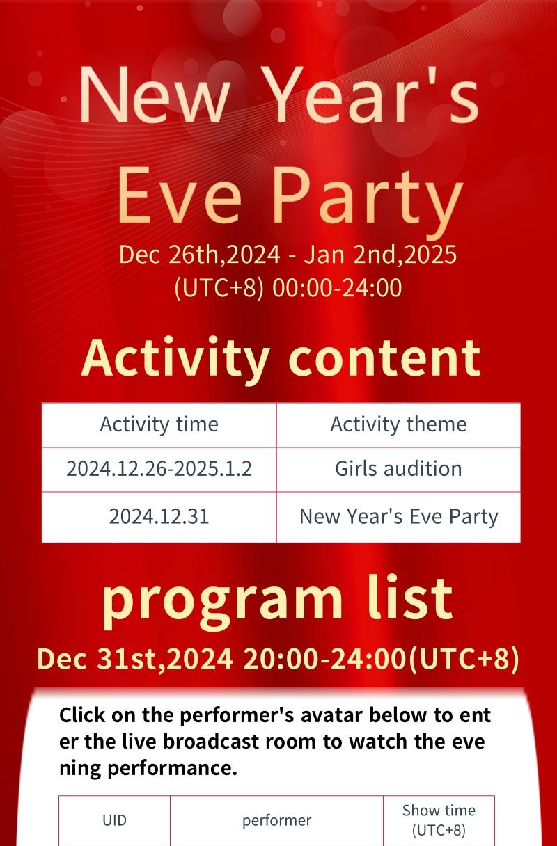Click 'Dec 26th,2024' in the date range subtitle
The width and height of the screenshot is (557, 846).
point(200,254)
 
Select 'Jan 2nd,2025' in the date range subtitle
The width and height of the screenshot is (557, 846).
point(380,254)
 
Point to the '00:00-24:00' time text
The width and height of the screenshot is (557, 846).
point(337,288)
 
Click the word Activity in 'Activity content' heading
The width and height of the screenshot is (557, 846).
point(175,359)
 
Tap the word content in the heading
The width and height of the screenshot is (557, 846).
point(384,358)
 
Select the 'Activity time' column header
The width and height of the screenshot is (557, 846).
point(159,424)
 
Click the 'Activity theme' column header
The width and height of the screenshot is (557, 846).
point(398,424)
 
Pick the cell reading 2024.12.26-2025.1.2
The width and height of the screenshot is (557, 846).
point(159,469)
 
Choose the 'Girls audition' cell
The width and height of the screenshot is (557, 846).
point(398,469)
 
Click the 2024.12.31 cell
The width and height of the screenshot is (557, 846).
point(159,516)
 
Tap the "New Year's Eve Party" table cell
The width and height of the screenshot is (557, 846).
point(398,517)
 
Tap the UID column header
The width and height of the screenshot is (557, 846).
point(114,820)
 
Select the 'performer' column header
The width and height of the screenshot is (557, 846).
point(276,821)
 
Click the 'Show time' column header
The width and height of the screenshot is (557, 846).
point(439,811)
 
